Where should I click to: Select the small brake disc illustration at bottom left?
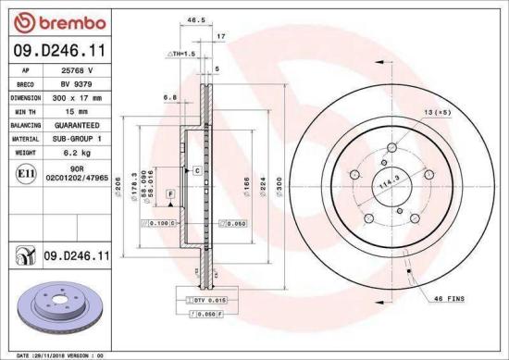(59, 306)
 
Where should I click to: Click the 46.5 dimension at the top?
(194, 18)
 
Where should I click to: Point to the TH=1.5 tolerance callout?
(181, 55)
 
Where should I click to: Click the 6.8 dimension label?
(169, 96)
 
